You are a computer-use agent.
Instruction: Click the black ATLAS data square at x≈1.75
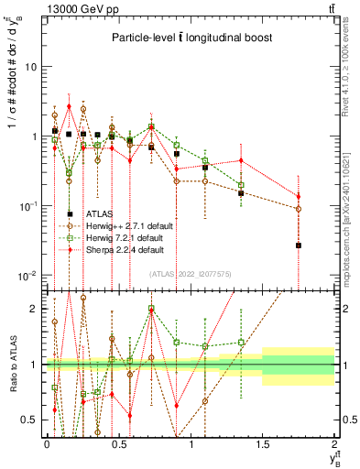[x=299, y=245]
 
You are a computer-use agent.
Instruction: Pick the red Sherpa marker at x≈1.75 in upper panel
[x=299, y=196]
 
